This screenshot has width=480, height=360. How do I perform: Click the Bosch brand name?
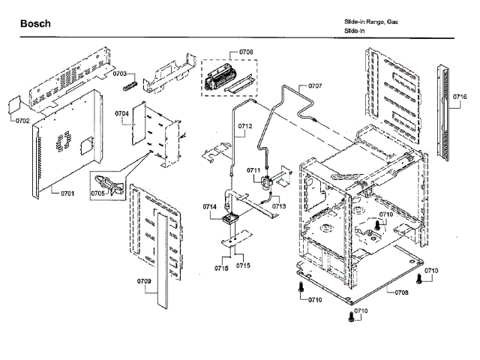point(35,24)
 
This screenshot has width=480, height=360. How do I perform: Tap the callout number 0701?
point(68,193)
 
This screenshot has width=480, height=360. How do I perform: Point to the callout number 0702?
point(22,120)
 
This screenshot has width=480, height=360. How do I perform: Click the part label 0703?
point(121,73)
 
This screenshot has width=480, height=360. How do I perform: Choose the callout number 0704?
point(122,113)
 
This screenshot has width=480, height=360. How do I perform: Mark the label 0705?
point(97,193)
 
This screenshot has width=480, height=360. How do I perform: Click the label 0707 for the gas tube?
point(314,85)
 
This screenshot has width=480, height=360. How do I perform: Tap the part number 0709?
point(145,282)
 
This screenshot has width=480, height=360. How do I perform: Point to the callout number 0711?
point(253,170)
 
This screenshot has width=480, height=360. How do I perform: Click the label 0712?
point(244,125)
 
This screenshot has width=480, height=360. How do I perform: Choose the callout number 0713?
point(279,205)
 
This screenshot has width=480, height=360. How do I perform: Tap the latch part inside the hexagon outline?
point(109,182)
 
